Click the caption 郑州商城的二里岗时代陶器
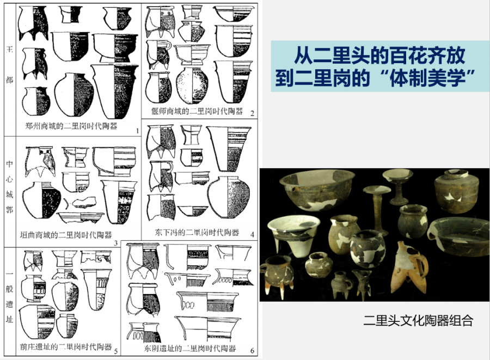(71, 126)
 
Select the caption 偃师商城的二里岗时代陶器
(197, 111)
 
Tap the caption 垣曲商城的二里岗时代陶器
(66, 235)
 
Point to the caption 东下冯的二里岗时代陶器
(197, 233)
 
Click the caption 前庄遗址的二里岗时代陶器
(66, 346)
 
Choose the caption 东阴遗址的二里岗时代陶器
(190, 349)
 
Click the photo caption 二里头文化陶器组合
(418, 321)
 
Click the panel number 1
(137, 131)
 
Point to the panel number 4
(252, 234)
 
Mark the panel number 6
(252, 351)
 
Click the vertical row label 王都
(10, 65)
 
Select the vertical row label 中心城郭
(10, 187)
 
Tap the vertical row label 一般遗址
(10, 297)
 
